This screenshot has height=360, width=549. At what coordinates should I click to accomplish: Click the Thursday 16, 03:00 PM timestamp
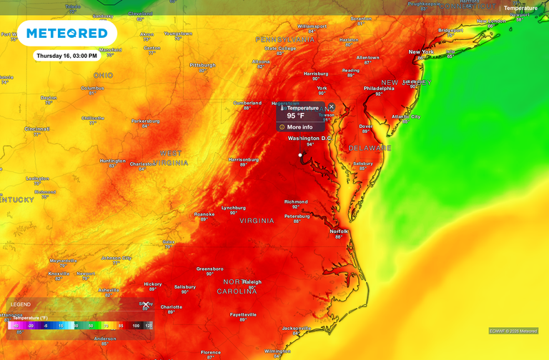[x=65, y=55]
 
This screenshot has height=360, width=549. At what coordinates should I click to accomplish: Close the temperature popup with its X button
[x=331, y=106]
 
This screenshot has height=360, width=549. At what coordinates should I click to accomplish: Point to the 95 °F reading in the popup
[x=296, y=116]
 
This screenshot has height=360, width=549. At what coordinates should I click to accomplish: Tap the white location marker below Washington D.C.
[x=300, y=154]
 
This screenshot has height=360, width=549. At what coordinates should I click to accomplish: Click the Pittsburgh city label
[x=202, y=64]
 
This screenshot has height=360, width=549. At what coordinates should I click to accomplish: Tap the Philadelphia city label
[x=379, y=89]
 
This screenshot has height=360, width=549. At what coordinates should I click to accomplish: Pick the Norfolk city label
[x=339, y=231]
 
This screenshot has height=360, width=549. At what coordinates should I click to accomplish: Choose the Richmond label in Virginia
[x=296, y=201]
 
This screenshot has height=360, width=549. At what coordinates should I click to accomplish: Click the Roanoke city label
[x=204, y=214]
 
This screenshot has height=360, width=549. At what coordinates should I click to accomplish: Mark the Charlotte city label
[x=172, y=307]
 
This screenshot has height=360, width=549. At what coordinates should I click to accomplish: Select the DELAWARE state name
[x=370, y=148]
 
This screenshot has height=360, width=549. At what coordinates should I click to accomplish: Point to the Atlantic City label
[x=405, y=116]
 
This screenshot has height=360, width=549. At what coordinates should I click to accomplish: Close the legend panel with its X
[x=146, y=304]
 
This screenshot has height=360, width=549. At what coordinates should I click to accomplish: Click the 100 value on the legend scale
[x=135, y=326]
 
